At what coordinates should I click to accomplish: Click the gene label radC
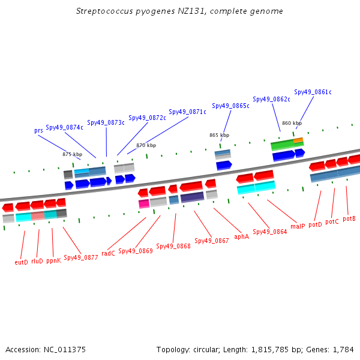pyautogui.click(x=108, y=253)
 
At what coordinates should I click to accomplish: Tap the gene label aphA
pyautogui.click(x=242, y=236)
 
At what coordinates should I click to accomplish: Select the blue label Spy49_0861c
pyautogui.click(x=313, y=92)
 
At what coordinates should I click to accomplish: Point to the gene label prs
pyautogui.click(x=38, y=131)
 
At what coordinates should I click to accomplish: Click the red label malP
pyautogui.click(x=298, y=226)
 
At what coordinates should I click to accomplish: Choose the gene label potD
pyautogui.click(x=315, y=224)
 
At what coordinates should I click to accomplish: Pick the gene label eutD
pyautogui.click(x=21, y=262)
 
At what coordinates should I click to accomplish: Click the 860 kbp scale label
pyautogui.click(x=292, y=123)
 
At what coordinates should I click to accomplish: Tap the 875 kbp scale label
pyautogui.click(x=73, y=154)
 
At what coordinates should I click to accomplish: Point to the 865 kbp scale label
pyautogui.click(x=219, y=135)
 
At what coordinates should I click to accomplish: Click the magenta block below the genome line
pyautogui.click(x=144, y=204)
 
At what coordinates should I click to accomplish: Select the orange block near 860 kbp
pyautogui.click(x=298, y=140)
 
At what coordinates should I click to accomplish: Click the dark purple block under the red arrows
pyautogui.click(x=192, y=197)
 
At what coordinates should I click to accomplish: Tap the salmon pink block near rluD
pyautogui.click(x=38, y=216)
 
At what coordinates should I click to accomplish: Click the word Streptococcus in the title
pyautogui.click(x=104, y=11)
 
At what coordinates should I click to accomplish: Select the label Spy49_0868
pyautogui.click(x=173, y=246)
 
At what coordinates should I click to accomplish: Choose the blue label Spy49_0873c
pyautogui.click(x=106, y=122)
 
